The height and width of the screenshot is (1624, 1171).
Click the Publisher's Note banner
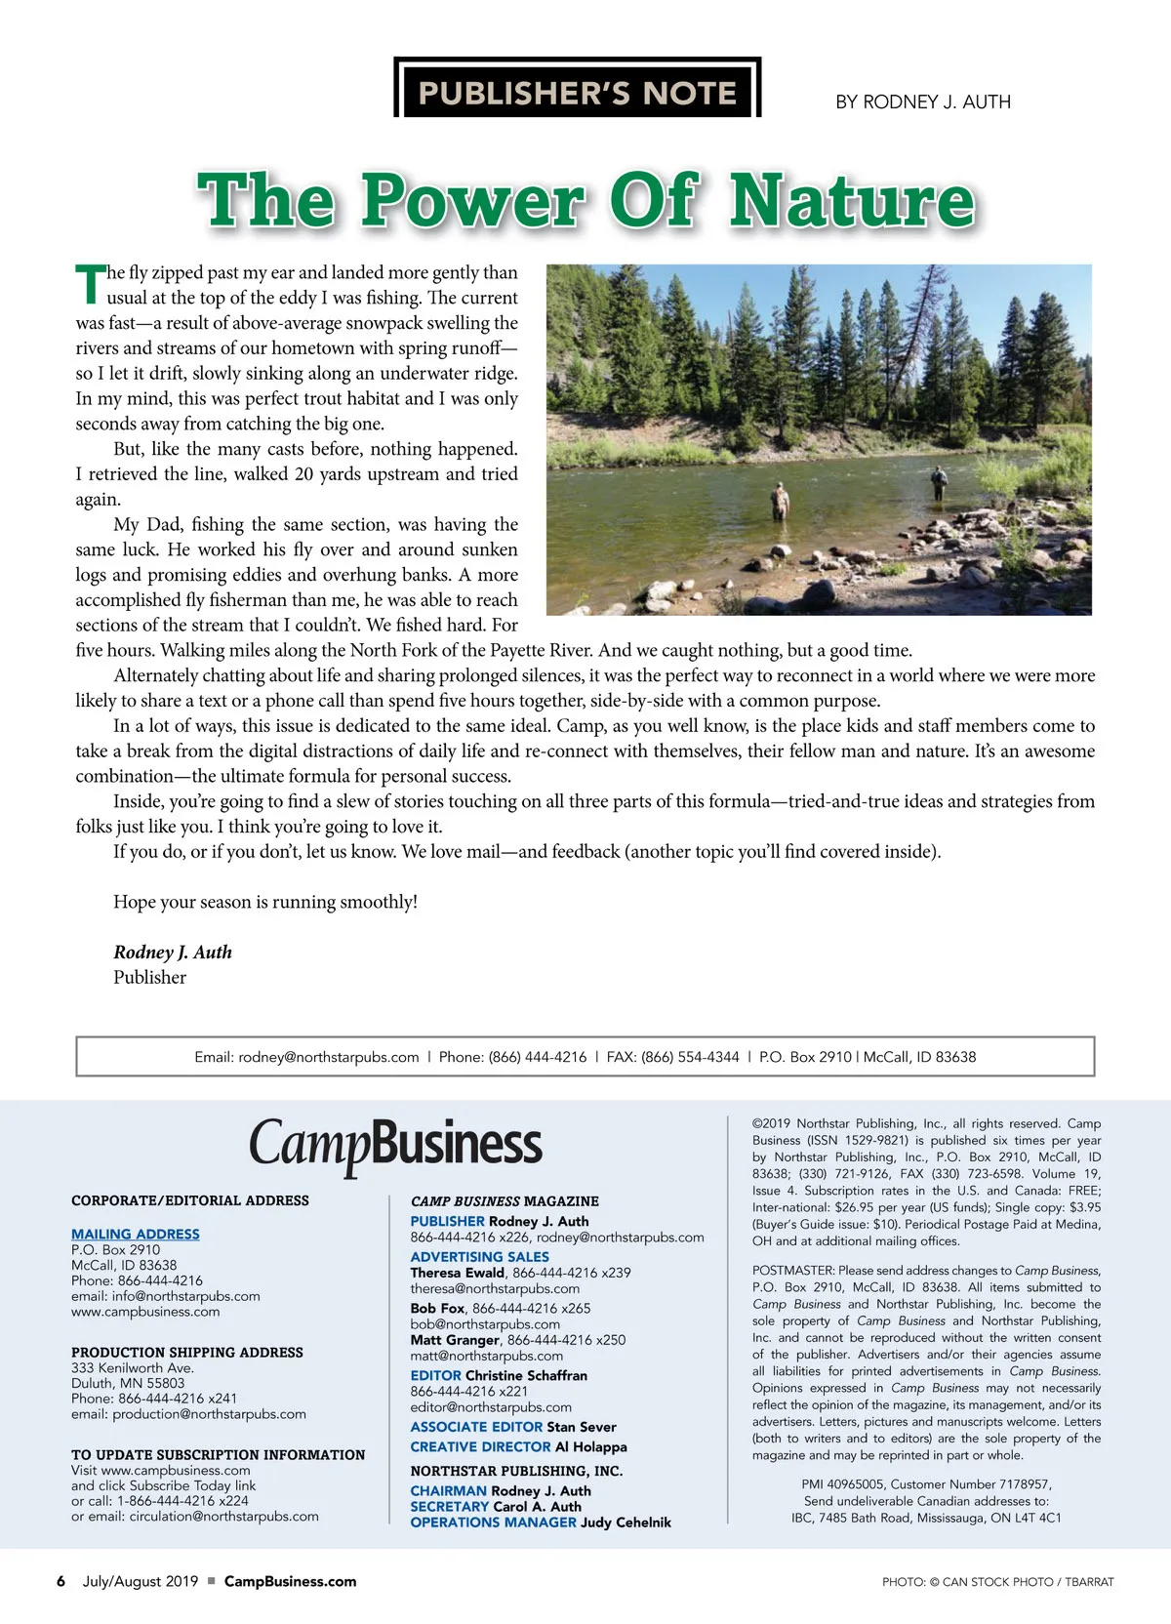click(x=577, y=92)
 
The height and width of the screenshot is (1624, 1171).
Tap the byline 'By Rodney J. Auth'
click(x=922, y=101)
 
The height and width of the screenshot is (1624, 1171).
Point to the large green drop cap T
click(x=90, y=284)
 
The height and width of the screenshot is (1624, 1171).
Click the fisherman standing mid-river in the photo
click(x=780, y=502)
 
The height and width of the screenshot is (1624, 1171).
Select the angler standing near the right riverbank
click(x=939, y=480)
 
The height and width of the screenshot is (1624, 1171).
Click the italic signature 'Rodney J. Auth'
click(x=173, y=952)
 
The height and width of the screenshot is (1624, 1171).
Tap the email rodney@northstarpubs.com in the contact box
click(x=328, y=1057)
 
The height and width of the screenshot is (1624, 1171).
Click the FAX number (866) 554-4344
click(x=690, y=1057)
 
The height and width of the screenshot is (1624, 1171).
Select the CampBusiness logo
click(x=395, y=1145)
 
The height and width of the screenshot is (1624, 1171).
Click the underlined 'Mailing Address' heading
click(x=136, y=1234)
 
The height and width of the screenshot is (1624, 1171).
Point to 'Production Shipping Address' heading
click(x=187, y=1352)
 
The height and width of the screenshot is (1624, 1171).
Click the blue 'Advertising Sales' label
click(x=479, y=1257)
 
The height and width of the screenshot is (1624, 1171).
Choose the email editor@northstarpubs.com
click(x=491, y=1407)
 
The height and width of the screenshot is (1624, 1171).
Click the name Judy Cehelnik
click(x=626, y=1522)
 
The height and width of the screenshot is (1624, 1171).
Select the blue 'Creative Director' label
click(x=480, y=1446)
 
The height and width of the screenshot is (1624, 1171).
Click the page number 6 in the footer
click(x=61, y=1581)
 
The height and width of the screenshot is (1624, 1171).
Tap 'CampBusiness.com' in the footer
click(x=290, y=1581)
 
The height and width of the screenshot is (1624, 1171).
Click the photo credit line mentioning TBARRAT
click(x=997, y=1582)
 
